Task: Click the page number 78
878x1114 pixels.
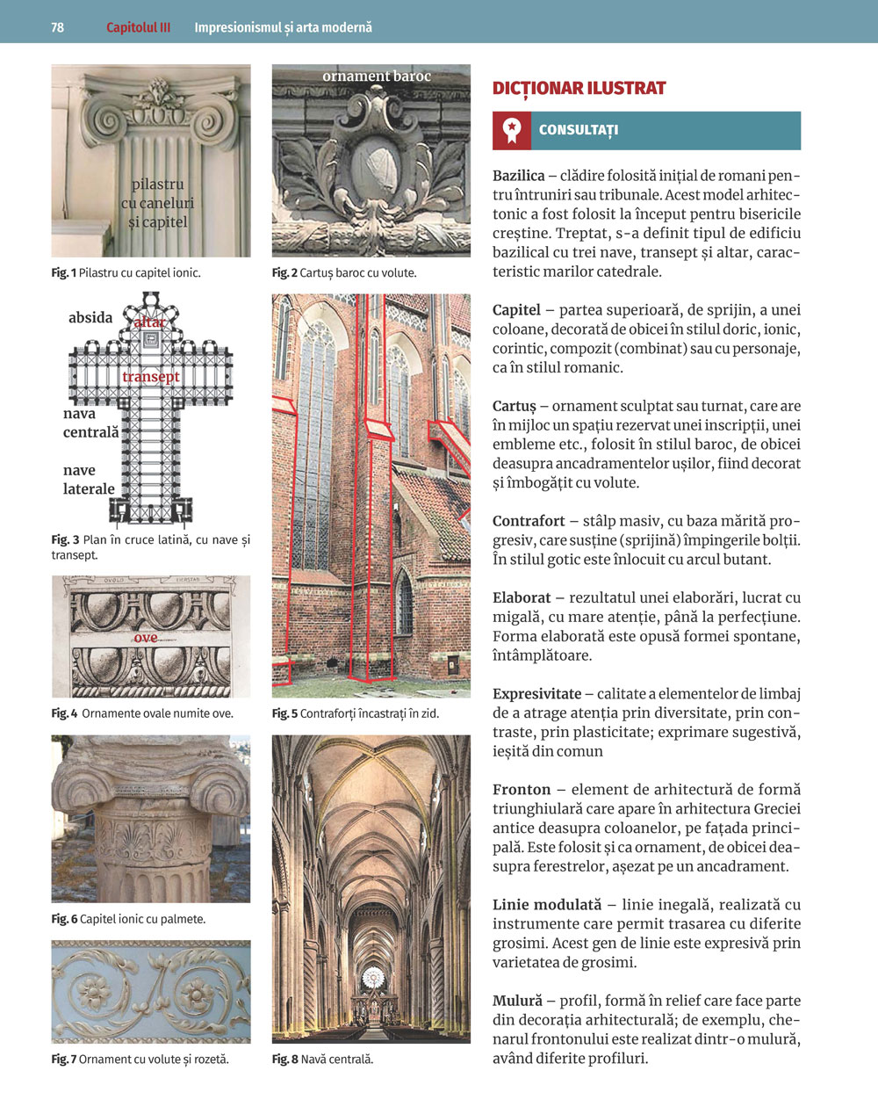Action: pos(57,27)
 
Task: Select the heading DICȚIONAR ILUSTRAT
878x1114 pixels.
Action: pos(579,88)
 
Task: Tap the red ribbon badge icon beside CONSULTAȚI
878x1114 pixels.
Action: pos(511,130)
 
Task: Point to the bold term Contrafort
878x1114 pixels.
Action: pos(529,521)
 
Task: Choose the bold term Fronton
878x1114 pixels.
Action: pos(522,789)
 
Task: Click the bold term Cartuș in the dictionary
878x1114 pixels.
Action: pos(514,406)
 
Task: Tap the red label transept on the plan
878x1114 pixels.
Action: pos(151,377)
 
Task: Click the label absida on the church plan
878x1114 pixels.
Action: pos(90,317)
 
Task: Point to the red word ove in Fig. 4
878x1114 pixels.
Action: pos(146,637)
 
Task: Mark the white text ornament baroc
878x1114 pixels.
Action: pos(377,76)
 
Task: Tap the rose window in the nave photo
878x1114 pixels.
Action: pos(374,977)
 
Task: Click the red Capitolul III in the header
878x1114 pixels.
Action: pos(138,27)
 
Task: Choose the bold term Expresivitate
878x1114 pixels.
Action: pos(536,693)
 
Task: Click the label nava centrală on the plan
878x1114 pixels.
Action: pos(90,423)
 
